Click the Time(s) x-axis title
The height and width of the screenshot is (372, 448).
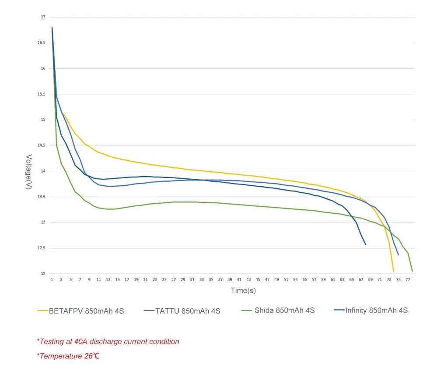tap(243, 290)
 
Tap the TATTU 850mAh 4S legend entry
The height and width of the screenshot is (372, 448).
tap(188, 311)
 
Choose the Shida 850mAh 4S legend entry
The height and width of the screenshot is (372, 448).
tap(284, 310)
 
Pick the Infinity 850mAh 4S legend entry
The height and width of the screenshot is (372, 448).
tap(376, 310)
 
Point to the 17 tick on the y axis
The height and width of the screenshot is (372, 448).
tap(43, 17)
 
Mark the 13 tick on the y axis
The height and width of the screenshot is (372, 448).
tap(43, 223)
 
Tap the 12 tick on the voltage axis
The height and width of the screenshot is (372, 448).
tap(43, 274)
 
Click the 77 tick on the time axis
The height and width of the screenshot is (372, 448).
tap(408, 279)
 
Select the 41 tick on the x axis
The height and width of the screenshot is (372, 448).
tap(239, 279)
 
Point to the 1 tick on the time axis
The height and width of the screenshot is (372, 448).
tap(52, 279)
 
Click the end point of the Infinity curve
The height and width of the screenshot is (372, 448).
tap(366, 244)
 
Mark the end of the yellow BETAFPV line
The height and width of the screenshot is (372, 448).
tap(394, 271)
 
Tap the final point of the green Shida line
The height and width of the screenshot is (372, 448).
tap(412, 271)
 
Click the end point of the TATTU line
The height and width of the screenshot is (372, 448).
tap(399, 255)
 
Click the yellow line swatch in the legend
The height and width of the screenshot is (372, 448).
tap(42, 311)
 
